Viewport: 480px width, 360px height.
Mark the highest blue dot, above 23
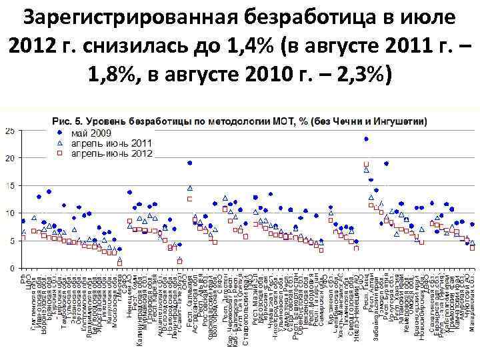pos(366,139)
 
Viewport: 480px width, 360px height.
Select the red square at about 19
pos(366,164)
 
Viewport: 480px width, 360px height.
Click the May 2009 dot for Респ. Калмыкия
pos(190,163)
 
